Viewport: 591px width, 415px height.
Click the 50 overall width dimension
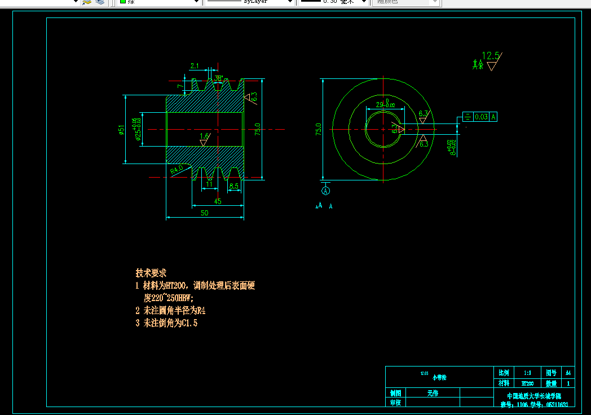point(204,213)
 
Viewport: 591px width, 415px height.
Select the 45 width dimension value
point(217,201)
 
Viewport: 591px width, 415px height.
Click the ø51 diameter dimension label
point(121,130)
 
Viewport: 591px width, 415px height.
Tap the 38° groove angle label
point(218,78)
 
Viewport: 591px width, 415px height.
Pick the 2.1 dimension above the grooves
point(195,66)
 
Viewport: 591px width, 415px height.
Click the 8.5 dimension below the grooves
point(233,185)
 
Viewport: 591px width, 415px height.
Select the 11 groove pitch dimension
point(209,184)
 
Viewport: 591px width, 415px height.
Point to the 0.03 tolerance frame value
point(481,117)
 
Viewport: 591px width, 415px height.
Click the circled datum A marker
point(326,191)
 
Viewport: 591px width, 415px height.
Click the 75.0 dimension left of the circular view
point(318,129)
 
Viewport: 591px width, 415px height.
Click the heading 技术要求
point(151,273)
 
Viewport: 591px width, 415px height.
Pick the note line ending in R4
point(166,310)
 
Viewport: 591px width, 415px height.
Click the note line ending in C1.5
point(166,323)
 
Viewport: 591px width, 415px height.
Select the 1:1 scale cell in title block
point(527,373)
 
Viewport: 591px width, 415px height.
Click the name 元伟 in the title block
point(433,393)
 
